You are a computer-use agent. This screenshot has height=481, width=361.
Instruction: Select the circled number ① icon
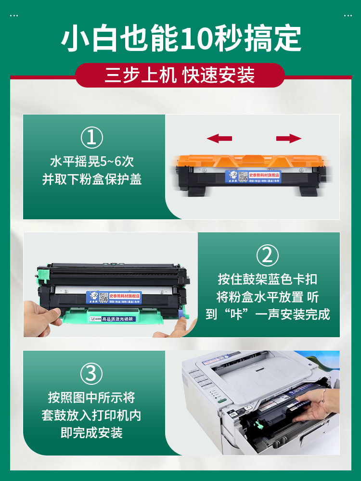91,138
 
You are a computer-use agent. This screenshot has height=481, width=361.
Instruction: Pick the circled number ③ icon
91,373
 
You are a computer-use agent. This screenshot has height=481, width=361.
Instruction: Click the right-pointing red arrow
289,139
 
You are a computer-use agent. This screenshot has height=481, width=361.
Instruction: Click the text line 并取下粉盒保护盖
91,179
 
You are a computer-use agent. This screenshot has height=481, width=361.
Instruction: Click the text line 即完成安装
91,432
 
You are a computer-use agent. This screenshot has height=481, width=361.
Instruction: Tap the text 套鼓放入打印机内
91,415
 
